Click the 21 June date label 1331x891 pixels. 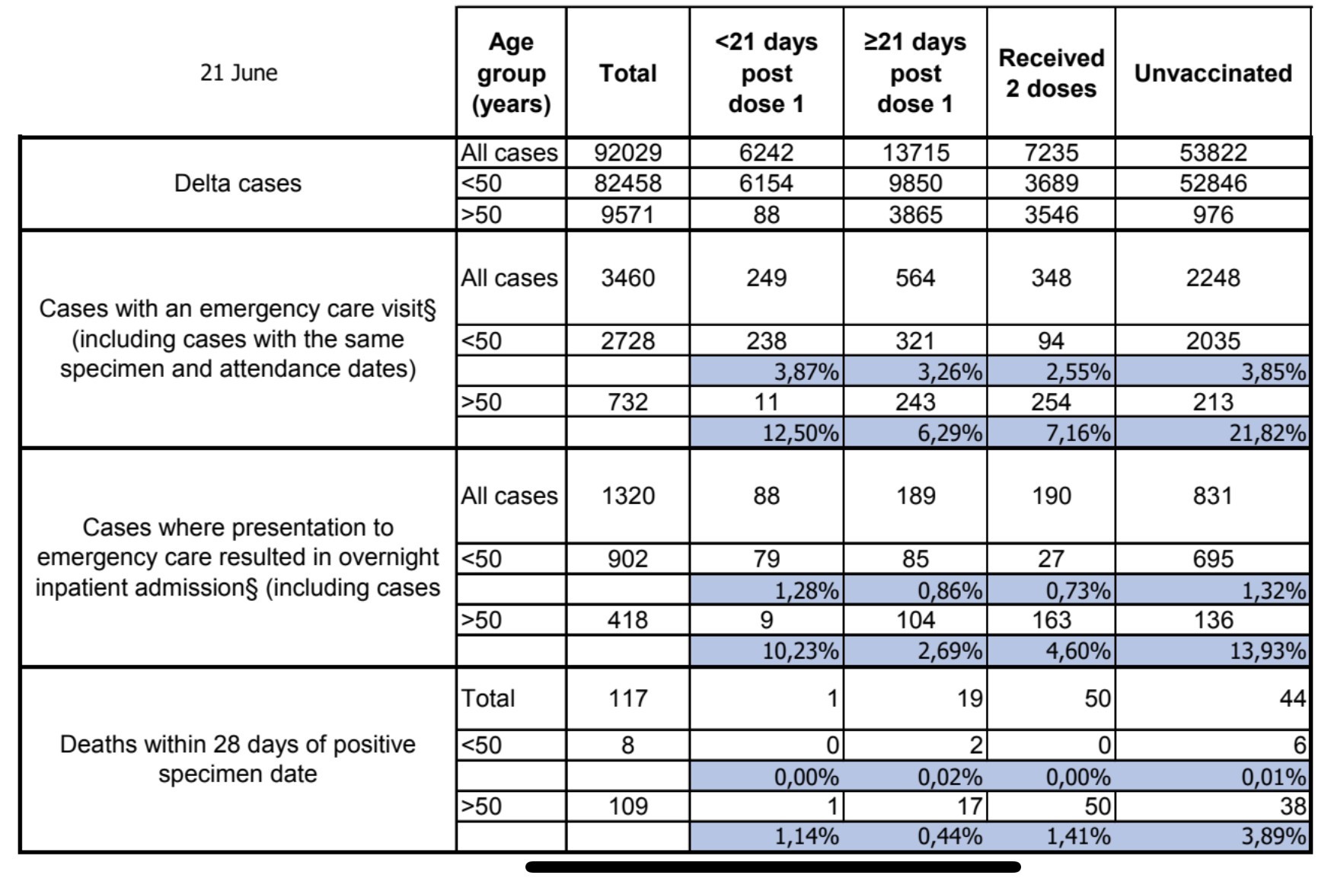pos(238,73)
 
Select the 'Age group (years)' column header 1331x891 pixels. pos(511,73)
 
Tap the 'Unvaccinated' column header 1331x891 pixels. pos(1213,73)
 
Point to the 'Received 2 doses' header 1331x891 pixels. pos(1051,73)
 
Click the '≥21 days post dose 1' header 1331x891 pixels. pos(914,73)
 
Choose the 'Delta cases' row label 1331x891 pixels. pos(238,184)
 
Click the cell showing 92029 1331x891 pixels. pos(627,152)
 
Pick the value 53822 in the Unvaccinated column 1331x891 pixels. pos(1213,152)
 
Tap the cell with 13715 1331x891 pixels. pos(915,152)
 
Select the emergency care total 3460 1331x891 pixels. pos(627,278)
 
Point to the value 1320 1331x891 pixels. pos(627,496)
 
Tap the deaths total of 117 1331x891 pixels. pos(627,698)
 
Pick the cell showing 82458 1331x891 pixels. pos(627,184)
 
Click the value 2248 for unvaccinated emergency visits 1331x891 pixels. pos(1213,278)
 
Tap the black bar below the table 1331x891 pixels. pos(772,867)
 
